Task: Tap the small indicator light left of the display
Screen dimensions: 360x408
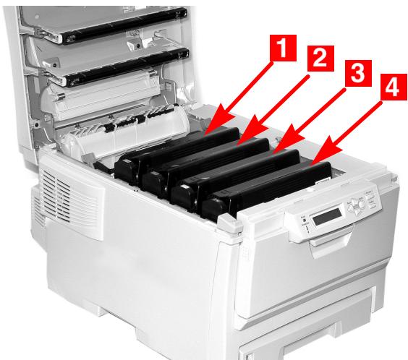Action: pos(299,218)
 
